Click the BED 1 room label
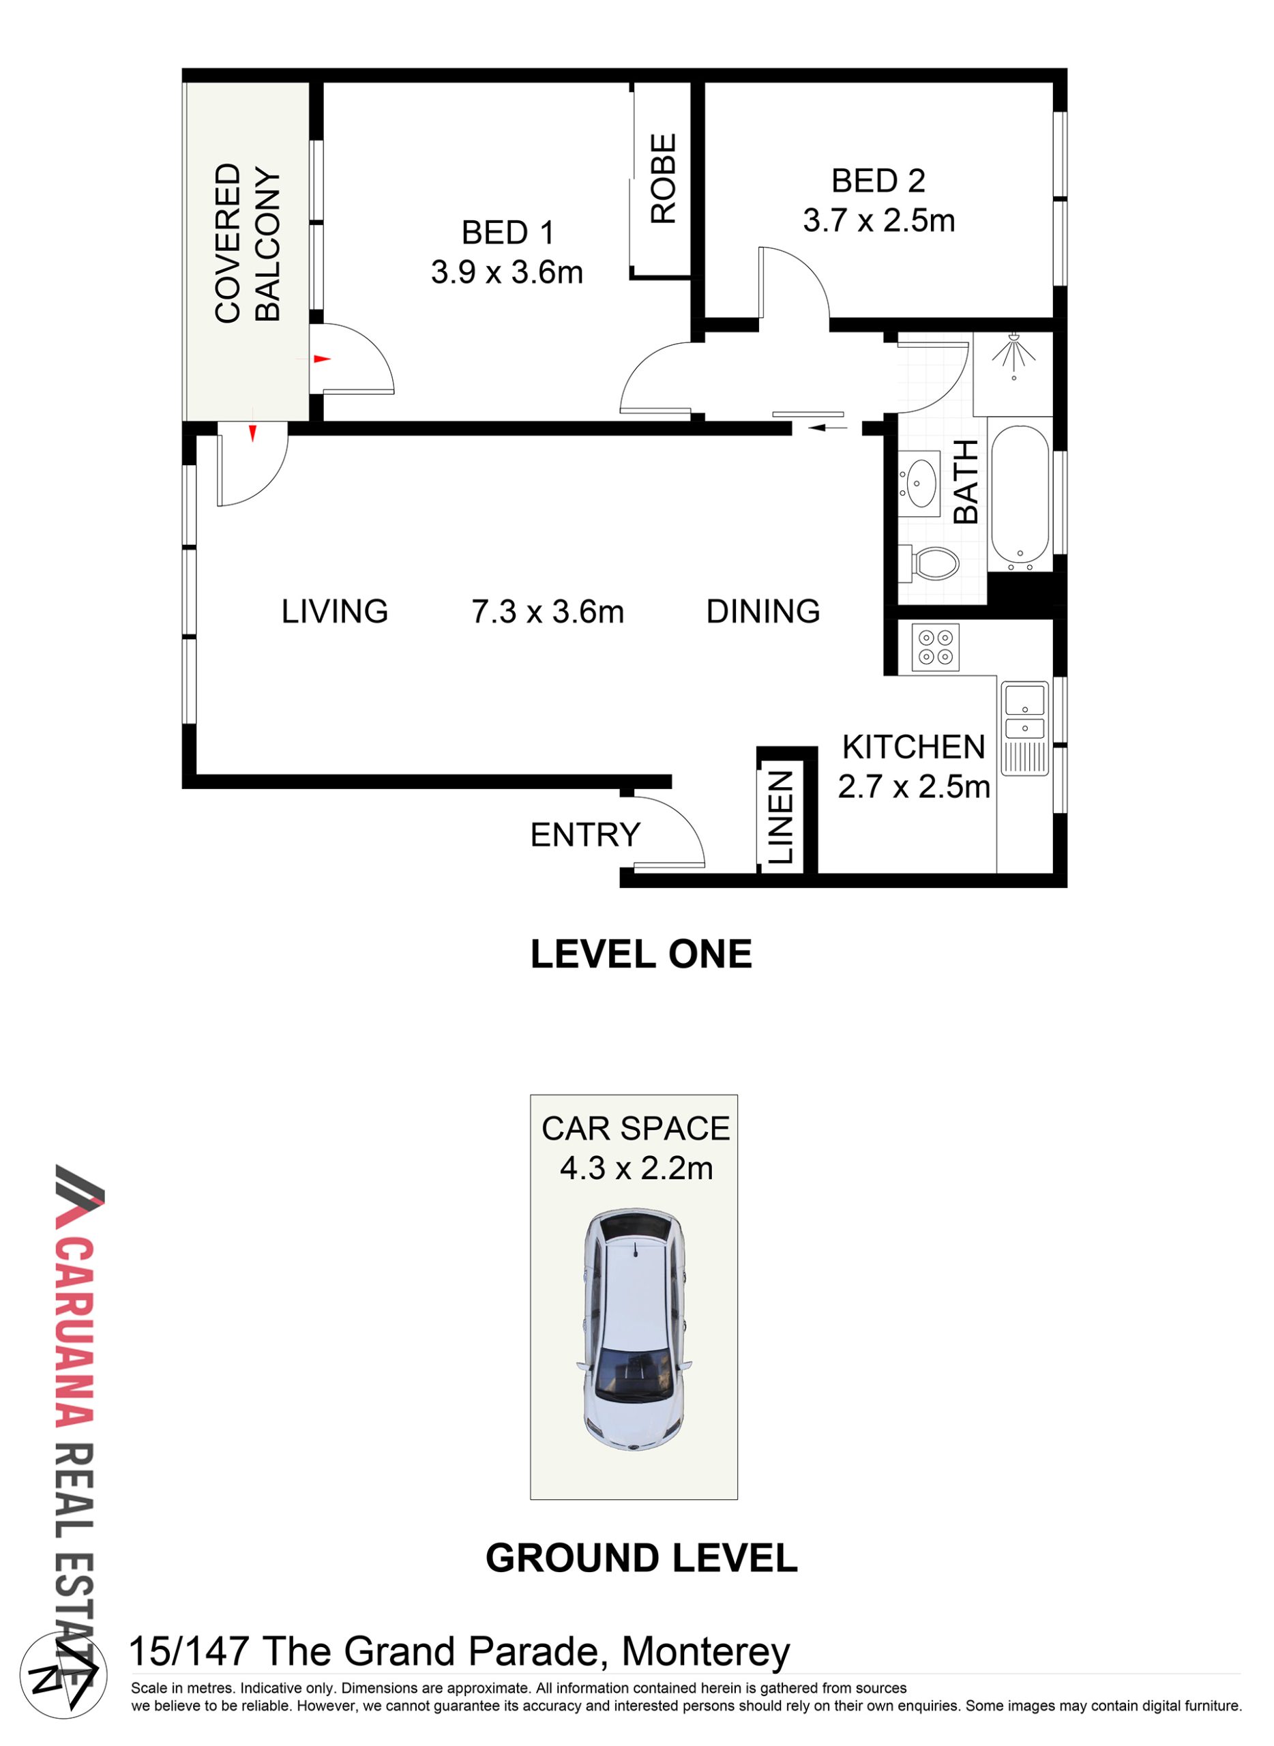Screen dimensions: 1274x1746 point(507,233)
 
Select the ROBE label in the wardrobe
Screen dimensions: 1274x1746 point(662,179)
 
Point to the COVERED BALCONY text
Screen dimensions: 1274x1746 point(247,243)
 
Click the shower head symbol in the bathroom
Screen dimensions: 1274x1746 point(1013,356)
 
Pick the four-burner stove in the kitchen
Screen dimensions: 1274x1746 point(936,647)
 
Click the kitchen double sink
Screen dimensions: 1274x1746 point(1024,728)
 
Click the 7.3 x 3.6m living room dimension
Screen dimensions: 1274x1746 point(548,612)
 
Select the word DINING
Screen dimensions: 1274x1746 point(763,612)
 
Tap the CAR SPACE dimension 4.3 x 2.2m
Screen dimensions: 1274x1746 point(636,1169)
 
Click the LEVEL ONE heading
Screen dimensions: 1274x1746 point(641,955)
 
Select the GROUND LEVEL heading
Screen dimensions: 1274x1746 point(642,1558)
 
